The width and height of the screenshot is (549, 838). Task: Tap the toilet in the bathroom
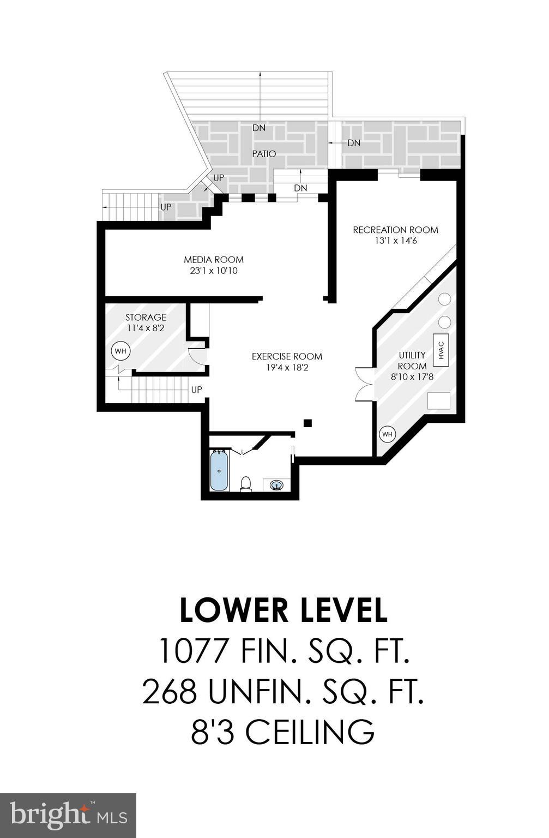[246, 483]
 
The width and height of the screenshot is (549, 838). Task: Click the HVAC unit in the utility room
[441, 350]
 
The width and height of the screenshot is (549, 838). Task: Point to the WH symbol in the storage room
[120, 351]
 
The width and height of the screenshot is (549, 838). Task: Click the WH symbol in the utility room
[387, 434]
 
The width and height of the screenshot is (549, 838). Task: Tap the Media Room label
[213, 260]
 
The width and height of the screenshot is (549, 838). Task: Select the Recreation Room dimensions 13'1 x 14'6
[395, 241]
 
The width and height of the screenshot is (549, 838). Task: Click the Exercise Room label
[287, 356]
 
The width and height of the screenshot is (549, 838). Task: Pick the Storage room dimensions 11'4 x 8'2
[146, 328]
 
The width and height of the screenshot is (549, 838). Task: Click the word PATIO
[264, 154]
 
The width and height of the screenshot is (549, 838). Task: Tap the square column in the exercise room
[307, 422]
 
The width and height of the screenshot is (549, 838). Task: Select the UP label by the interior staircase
[196, 390]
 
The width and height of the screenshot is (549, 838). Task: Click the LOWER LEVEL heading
[283, 610]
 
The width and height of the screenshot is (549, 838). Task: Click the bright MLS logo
[68, 815]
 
